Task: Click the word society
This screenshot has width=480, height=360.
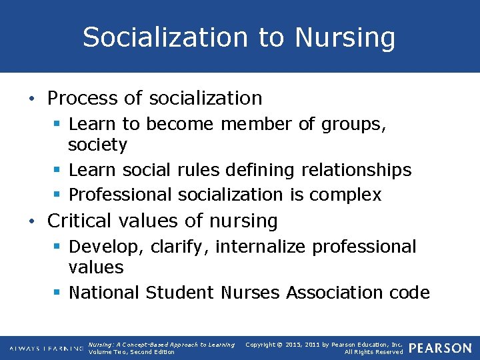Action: click(x=97, y=145)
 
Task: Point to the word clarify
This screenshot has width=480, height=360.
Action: click(x=179, y=247)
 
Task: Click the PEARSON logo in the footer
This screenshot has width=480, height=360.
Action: click(x=440, y=348)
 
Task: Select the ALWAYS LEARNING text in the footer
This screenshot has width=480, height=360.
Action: click(x=46, y=349)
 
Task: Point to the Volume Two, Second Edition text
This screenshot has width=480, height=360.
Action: click(x=131, y=352)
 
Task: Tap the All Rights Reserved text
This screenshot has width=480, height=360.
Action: click(x=373, y=352)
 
